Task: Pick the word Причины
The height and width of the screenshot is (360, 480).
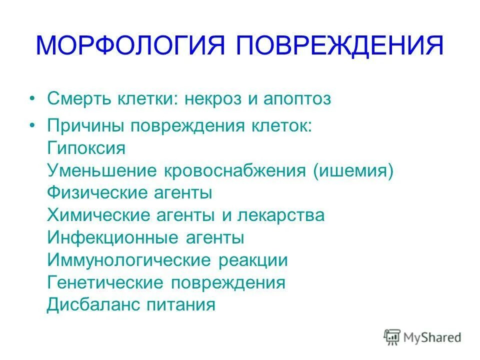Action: point(85,126)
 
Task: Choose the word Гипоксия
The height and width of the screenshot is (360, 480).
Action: point(86,148)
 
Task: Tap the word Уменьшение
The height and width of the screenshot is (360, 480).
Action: point(102,171)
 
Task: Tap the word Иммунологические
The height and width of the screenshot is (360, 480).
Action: point(127,260)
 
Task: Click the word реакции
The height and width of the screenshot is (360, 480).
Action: point(252,260)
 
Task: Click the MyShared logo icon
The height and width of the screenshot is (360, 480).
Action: point(392,337)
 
